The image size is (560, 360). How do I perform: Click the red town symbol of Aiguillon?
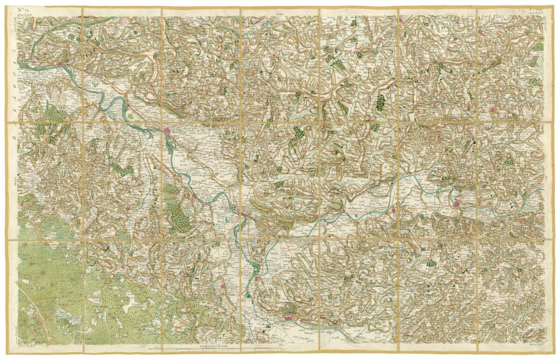coord(244,214)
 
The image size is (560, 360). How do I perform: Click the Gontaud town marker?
coord(236,165)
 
